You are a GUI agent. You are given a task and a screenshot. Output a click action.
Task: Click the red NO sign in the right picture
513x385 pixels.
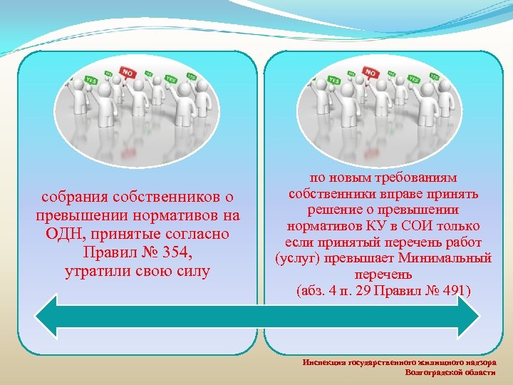coord(370,73)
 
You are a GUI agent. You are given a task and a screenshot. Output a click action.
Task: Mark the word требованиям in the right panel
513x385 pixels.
coord(421,178)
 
